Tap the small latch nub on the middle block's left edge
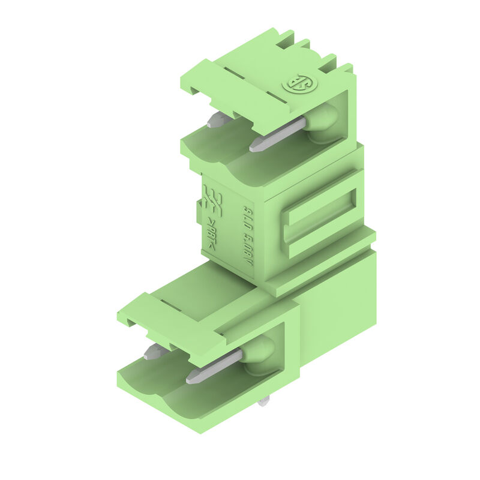198,209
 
